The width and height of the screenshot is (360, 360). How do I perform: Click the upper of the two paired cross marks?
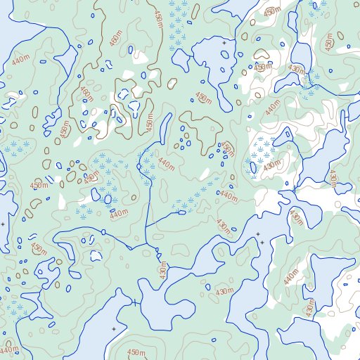click(x=257, y=234)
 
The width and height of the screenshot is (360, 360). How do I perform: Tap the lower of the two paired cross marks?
click(x=262, y=243)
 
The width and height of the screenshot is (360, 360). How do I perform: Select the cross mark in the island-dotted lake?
click(x=224, y=44)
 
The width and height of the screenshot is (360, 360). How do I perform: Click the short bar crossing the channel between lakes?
click(x=134, y=302)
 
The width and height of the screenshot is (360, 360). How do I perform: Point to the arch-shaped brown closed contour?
click(x=262, y=53)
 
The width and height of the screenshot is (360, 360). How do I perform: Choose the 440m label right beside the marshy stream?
click(x=165, y=165)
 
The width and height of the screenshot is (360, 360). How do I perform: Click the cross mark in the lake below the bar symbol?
click(x=114, y=328)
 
